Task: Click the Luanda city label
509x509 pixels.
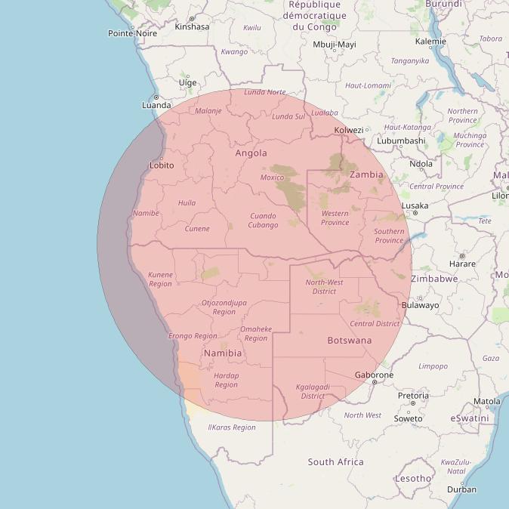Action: tap(156, 105)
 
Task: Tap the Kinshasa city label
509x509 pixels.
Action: tap(192, 26)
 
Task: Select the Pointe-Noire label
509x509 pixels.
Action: tap(132, 33)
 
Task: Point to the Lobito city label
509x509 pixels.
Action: tap(162, 165)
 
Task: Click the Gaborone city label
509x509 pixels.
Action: tap(374, 375)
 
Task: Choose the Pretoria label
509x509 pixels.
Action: tap(413, 396)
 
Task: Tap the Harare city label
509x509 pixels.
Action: tap(462, 264)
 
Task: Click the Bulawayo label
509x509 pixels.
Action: tap(421, 306)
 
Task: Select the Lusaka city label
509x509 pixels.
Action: tap(415, 205)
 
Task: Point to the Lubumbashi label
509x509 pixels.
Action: tap(401, 140)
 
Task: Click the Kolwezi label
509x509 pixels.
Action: tap(349, 130)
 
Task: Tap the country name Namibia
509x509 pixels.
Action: tap(223, 353)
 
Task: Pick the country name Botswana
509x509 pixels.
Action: tap(350, 341)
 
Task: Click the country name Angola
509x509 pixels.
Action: tap(251, 153)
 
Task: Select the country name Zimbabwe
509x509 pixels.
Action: tap(434, 279)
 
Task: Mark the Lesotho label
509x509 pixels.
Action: tap(413, 478)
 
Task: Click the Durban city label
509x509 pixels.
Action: tap(461, 489)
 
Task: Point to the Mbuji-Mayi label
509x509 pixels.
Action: tap(334, 45)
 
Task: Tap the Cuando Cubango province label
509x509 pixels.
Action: tap(264, 221)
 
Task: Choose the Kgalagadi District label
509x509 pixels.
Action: tap(313, 391)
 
